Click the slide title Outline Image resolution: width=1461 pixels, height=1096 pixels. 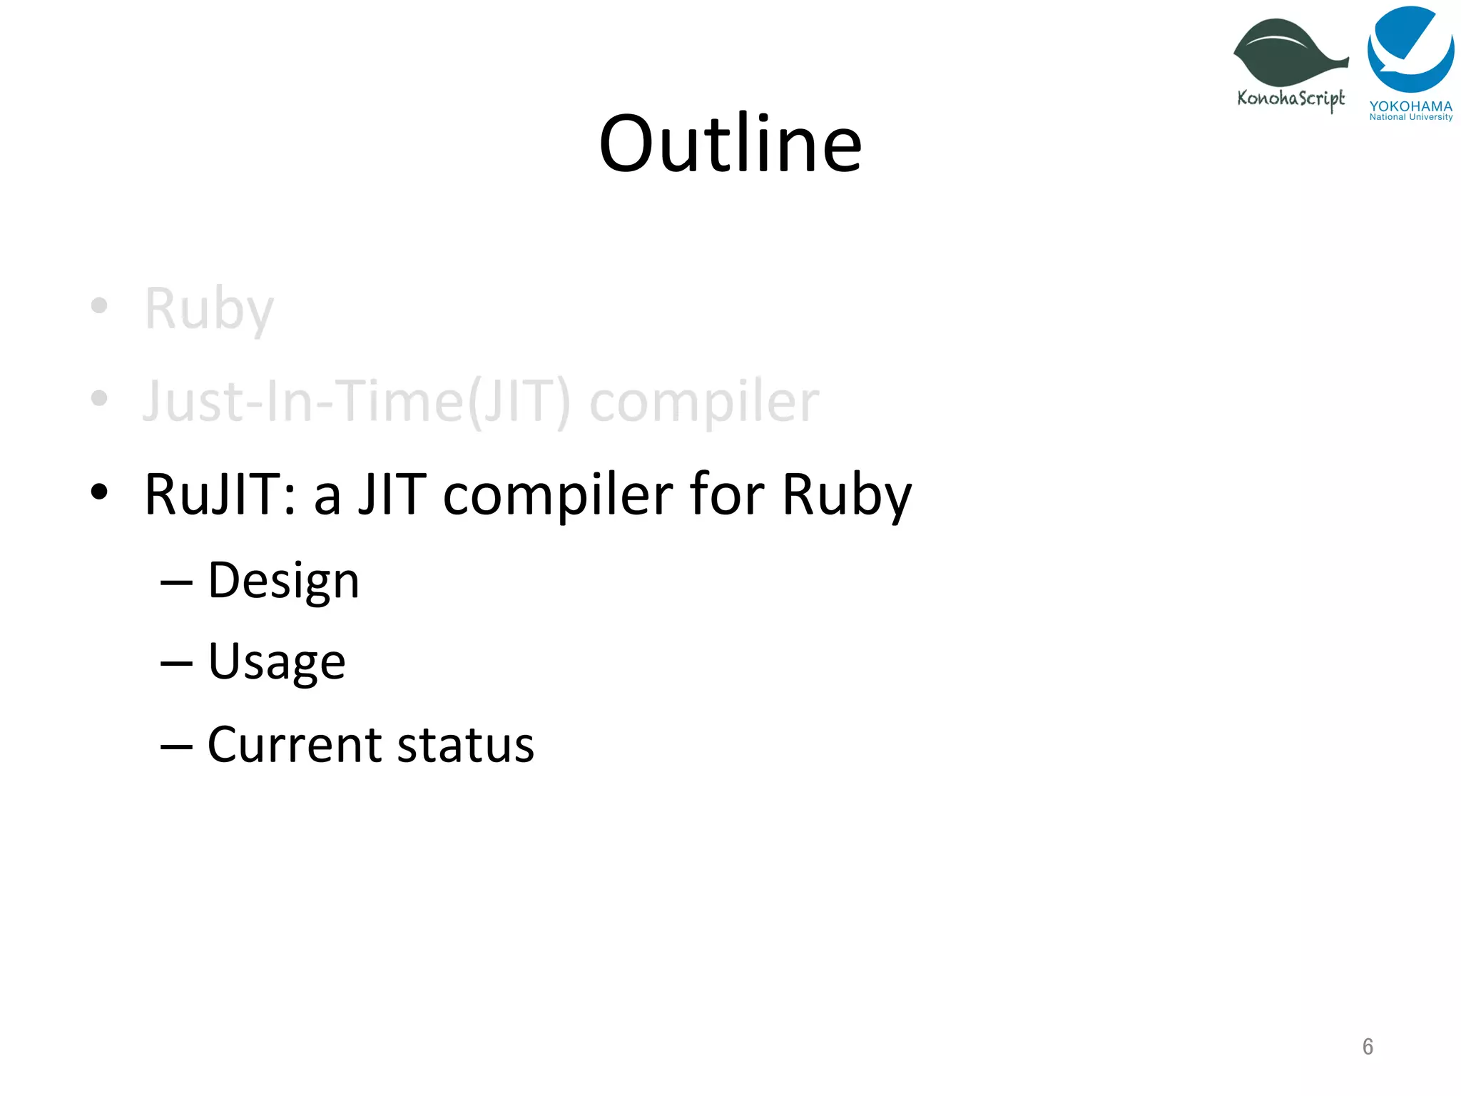tap(730, 144)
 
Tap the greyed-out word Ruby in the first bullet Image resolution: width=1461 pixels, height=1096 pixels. tap(209, 309)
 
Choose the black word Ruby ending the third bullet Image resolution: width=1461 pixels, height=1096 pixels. tap(847, 496)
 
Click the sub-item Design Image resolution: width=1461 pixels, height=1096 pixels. tap(283, 582)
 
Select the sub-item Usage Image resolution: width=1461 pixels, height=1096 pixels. tap(277, 663)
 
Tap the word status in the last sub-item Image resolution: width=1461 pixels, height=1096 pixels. tap(465, 745)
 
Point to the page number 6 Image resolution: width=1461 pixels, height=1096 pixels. tap(1368, 1046)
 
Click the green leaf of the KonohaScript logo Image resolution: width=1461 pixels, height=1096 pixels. tap(1288, 54)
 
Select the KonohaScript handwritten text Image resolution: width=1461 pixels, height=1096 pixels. tap(1291, 98)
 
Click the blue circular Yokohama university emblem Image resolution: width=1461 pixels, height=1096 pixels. tap(1410, 49)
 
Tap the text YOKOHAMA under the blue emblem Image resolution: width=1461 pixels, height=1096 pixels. tap(1410, 106)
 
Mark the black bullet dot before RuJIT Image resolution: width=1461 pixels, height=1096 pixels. tap(99, 492)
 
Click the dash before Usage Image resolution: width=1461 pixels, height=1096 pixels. tap(176, 664)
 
